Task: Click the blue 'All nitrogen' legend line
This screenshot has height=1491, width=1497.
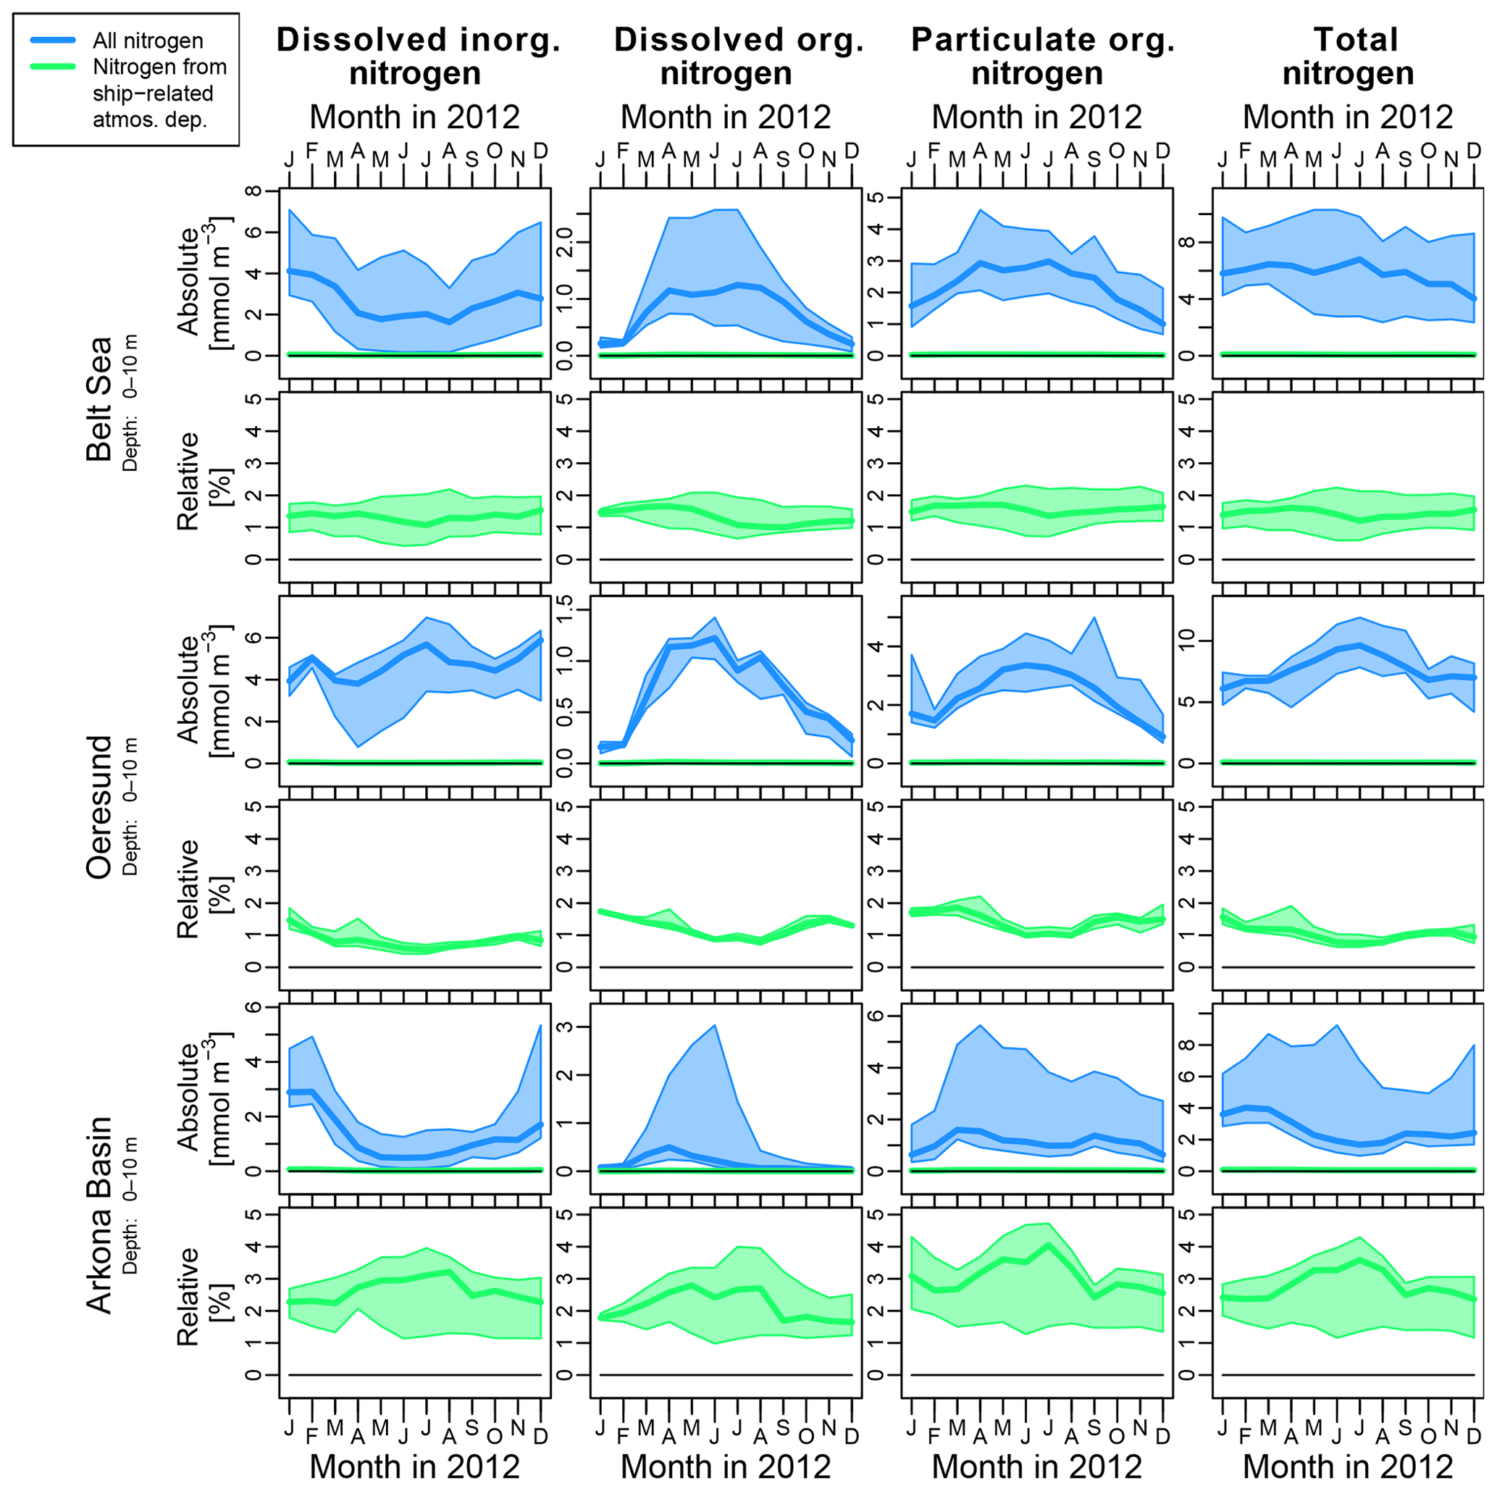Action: click(x=53, y=41)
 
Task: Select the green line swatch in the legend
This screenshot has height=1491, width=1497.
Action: click(x=53, y=67)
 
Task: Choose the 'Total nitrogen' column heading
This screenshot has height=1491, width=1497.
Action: click(x=1349, y=57)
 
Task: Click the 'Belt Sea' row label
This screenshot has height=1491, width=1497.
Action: click(x=99, y=399)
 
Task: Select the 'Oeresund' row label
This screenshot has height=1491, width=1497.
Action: click(x=99, y=806)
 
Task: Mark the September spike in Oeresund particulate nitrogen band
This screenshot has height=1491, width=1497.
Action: click(x=1094, y=618)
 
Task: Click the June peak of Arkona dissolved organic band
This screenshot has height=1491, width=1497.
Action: click(x=714, y=1026)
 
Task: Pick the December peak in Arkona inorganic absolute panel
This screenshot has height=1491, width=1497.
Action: click(x=540, y=1026)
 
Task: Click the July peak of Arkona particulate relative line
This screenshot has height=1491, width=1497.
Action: click(x=1049, y=1245)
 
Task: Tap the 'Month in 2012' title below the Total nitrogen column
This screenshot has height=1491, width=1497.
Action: click(x=1349, y=1466)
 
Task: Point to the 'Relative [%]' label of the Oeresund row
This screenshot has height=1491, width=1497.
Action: click(x=200, y=889)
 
